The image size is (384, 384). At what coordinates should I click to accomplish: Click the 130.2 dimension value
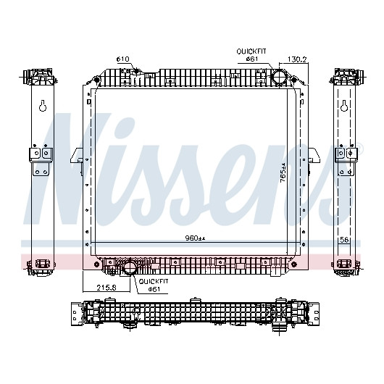(297, 59)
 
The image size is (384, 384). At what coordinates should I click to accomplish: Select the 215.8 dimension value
(107, 288)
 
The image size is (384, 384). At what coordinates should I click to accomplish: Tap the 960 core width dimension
(195, 238)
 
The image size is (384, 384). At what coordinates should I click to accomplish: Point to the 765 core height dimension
(283, 172)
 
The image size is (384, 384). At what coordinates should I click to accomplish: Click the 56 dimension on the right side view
(344, 240)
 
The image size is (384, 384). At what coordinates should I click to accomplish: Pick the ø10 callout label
(122, 59)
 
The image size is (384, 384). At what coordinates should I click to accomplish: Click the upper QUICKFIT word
(251, 51)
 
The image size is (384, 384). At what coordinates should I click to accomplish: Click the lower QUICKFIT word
(154, 281)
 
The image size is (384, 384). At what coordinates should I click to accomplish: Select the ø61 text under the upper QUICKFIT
(252, 59)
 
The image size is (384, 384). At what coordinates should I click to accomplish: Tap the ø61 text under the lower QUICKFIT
(154, 289)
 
